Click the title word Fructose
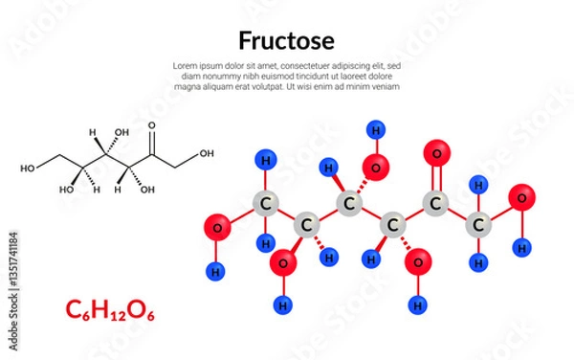coord(286,41)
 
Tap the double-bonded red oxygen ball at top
coord(436,152)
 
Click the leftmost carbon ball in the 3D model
coord(264,203)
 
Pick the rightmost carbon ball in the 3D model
coord(478,226)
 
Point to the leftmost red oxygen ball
coord(216,228)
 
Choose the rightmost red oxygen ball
coord(521,199)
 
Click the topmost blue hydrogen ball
coord(374,127)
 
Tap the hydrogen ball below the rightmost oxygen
coord(521,247)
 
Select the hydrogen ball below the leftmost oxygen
coord(216,271)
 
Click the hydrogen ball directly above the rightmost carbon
coord(478,183)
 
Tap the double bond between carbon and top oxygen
coord(436,179)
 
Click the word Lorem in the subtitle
coord(185,64)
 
